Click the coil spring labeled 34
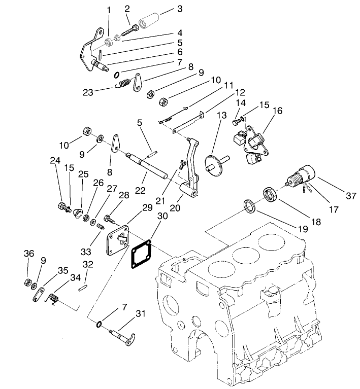56,299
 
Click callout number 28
124,195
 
